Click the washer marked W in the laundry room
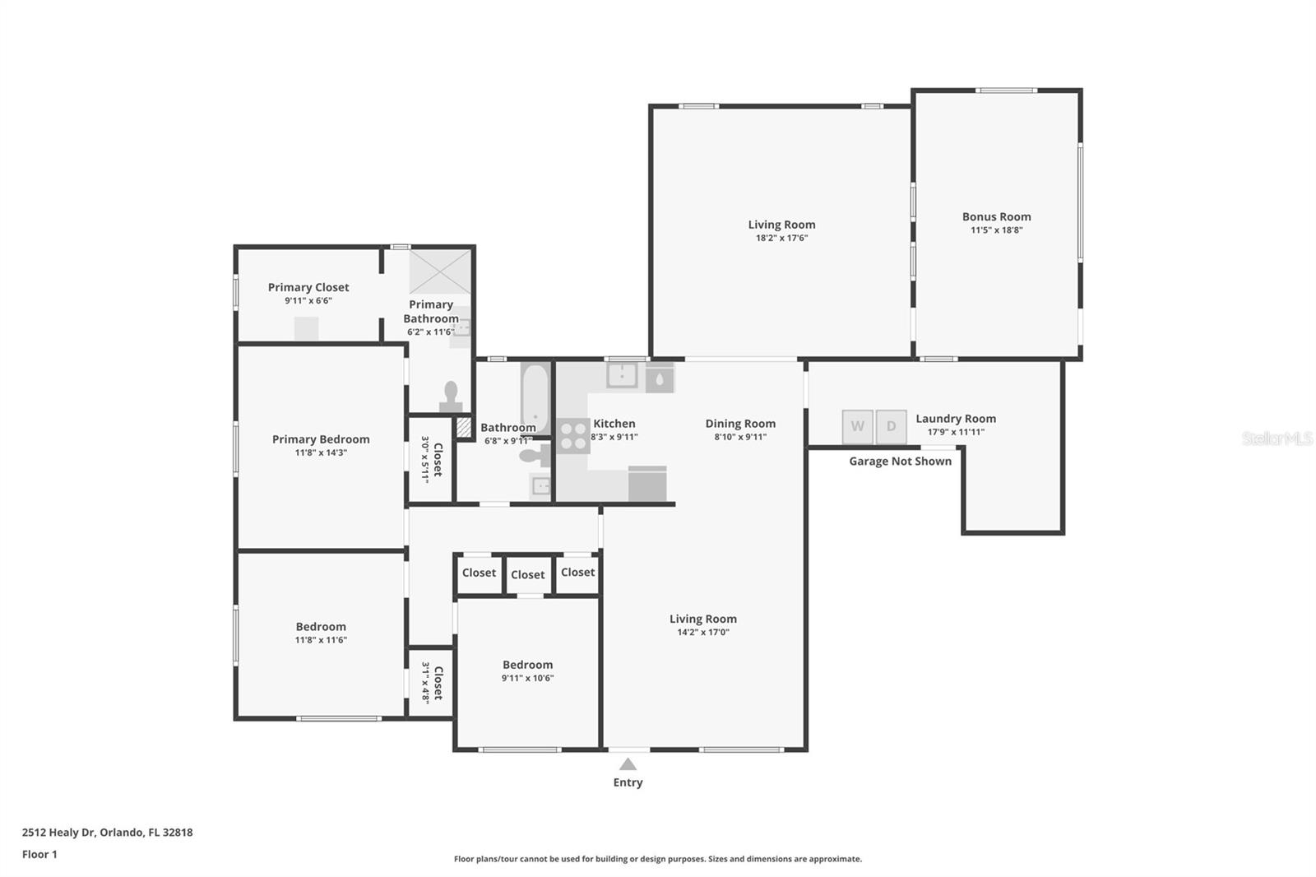(857, 427)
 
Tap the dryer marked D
(892, 427)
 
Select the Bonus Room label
(996, 216)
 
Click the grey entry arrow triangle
(628, 764)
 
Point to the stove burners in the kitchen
(572, 436)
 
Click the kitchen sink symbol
(622, 375)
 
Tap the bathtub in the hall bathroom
(535, 398)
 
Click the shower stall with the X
(440, 271)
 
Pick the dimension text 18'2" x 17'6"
(781, 238)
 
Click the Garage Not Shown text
(900, 462)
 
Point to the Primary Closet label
(308, 287)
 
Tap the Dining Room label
(740, 424)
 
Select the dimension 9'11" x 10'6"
(527, 678)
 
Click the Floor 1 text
(39, 854)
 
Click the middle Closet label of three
(527, 575)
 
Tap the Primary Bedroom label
(321, 439)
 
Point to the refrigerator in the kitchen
(647, 484)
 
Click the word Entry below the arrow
(628, 782)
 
